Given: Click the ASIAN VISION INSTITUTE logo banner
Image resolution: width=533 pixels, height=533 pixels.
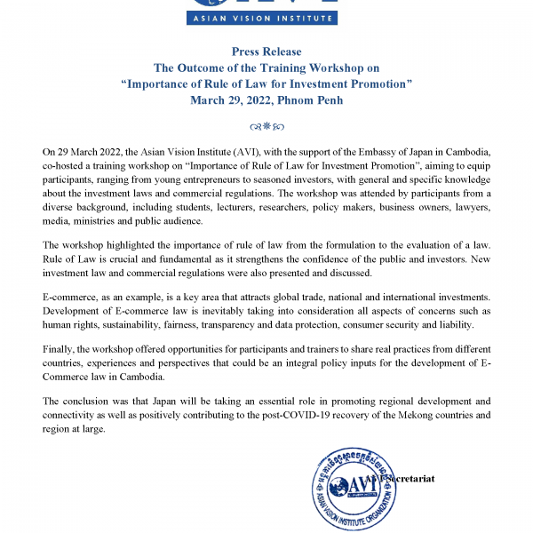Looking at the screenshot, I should (266, 16).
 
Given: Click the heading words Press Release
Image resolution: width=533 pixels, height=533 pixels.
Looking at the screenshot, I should (266, 52).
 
